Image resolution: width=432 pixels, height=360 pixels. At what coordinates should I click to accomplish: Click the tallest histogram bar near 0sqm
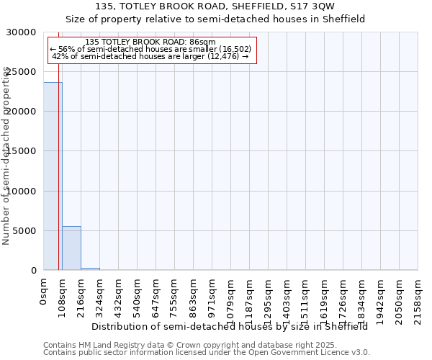53,176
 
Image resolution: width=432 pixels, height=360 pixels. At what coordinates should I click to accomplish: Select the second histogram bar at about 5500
71,248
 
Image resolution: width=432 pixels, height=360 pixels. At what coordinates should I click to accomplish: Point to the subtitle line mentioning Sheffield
215,19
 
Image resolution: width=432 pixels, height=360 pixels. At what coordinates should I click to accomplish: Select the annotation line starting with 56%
150,49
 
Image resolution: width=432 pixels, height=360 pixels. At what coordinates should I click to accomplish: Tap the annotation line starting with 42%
150,56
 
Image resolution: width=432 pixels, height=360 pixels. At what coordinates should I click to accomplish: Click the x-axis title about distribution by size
230,326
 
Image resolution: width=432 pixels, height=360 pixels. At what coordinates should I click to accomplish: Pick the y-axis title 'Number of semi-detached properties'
6,156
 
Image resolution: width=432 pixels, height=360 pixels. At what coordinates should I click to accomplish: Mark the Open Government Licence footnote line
207,352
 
